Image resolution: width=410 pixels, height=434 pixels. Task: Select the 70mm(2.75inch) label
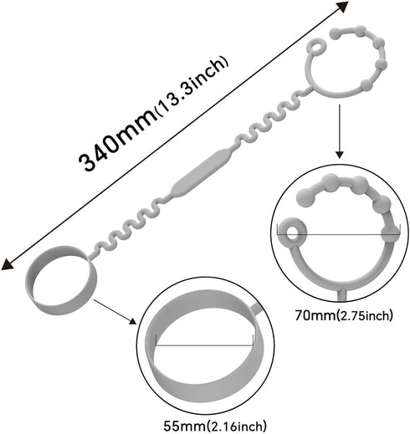pos(344,316)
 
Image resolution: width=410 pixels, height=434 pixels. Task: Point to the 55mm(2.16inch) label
pos(215,426)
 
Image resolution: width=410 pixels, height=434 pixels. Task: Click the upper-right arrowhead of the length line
pos(344,6)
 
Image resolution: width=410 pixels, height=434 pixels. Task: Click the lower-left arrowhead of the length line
pos(7,265)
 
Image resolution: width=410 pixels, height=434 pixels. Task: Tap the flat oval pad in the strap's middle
pos(201,173)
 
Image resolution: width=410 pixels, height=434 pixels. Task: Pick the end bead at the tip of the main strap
pos(335,33)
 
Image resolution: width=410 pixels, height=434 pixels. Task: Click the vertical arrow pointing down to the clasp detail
pos(339,131)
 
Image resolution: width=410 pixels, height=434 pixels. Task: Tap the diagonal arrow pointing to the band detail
pos(115,312)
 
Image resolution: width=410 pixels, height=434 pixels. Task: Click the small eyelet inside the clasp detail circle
pos(293,232)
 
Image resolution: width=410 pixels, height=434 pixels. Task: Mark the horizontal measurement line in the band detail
pos(204,345)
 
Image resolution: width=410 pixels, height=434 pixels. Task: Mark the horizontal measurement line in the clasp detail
pos(339,234)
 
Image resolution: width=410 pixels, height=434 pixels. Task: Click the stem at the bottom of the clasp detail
pos(342,295)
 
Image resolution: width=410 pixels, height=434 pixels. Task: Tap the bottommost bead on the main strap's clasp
pos(366,84)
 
